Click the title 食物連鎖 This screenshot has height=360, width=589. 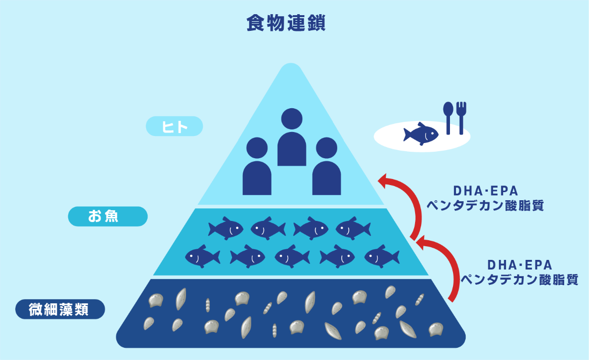tap(286, 23)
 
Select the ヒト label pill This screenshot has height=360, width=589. tap(174, 126)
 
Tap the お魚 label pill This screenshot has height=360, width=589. tap(108, 216)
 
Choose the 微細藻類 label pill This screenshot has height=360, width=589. tap(60, 309)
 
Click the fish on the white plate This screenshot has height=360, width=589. tap(421, 134)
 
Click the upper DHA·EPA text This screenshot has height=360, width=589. tap(485, 191)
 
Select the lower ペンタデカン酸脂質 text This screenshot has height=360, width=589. tap(520, 280)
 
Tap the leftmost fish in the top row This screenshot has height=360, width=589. tap(225, 229)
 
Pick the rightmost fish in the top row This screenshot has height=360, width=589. tap(353, 229)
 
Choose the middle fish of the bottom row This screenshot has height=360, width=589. tap(292, 257)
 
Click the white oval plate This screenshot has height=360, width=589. tap(389, 137)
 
